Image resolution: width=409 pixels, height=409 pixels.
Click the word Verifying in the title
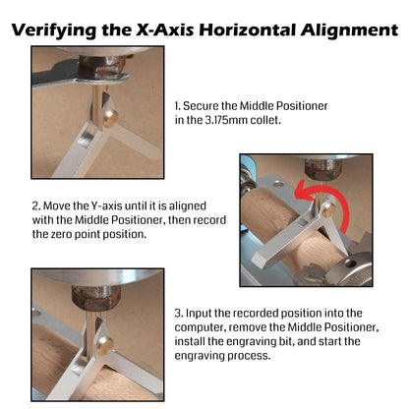pos(54,30)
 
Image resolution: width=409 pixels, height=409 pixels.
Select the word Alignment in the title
pos(350,30)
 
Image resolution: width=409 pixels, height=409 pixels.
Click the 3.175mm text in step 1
pos(226,120)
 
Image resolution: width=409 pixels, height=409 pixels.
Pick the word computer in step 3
pos(200,327)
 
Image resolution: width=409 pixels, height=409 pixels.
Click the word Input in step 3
pos(199,313)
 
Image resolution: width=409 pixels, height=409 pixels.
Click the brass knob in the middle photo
pos(328,209)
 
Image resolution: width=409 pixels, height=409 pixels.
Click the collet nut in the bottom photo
pos(96,297)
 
